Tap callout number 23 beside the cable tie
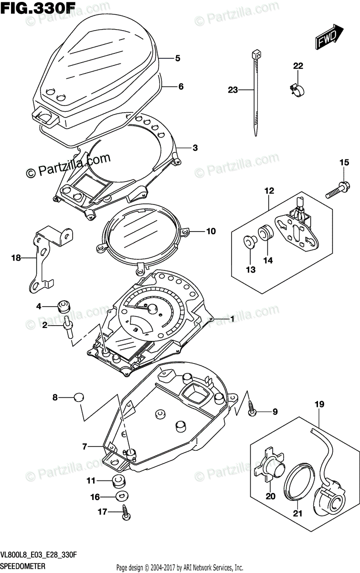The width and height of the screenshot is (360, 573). point(233,89)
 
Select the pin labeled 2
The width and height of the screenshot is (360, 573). point(67,329)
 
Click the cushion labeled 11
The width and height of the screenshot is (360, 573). point(117,480)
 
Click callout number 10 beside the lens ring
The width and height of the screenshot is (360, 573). point(211,231)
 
